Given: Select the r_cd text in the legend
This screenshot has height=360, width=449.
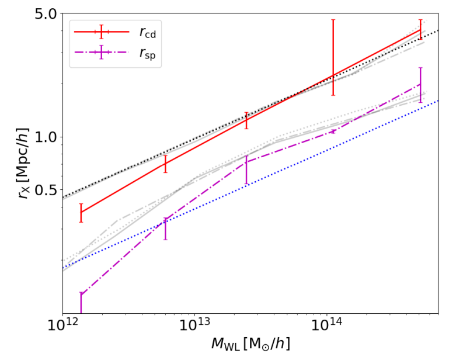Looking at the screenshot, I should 147,33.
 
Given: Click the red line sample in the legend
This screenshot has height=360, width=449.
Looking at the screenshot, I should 102,32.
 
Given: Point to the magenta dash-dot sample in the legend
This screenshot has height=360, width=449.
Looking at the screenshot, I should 102,53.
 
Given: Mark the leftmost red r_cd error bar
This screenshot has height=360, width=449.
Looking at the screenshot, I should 81,213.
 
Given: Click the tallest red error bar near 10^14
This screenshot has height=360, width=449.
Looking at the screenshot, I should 333,57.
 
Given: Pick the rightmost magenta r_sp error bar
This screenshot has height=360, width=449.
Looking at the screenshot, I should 420,85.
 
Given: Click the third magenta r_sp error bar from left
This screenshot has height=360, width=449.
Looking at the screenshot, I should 246,169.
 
